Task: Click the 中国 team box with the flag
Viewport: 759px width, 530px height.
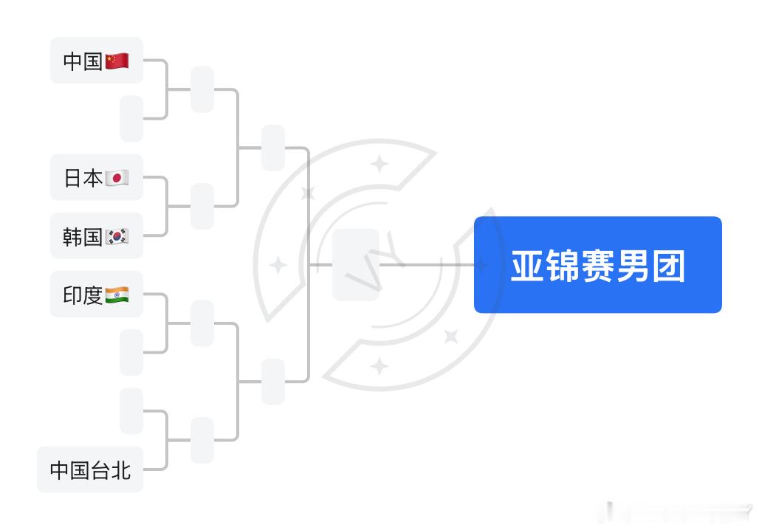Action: pos(96,61)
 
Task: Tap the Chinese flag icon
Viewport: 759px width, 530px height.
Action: pos(117,61)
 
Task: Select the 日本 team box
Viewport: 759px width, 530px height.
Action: pos(96,177)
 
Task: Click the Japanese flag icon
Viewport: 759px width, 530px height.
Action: pos(117,178)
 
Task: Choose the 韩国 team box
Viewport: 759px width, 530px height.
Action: pos(96,236)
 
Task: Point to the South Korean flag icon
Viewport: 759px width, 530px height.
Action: pos(117,236)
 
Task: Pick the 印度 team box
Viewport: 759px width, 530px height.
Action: pos(96,295)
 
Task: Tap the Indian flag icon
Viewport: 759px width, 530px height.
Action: pos(117,295)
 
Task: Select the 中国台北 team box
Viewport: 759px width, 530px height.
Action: pos(90,469)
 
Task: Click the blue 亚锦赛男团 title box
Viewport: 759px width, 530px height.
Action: pos(597,265)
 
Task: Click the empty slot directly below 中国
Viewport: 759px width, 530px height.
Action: pos(131,118)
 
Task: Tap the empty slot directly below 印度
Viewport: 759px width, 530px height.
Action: pos(131,352)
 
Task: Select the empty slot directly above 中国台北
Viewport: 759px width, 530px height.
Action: pos(131,410)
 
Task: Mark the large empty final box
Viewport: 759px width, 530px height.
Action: pos(355,265)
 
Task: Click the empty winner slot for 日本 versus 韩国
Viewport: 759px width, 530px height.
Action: pos(202,206)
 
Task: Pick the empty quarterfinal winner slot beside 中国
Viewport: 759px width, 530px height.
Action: pos(202,89)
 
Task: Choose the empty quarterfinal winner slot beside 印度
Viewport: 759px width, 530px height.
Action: pos(202,323)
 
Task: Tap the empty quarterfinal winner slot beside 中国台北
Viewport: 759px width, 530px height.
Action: pos(202,440)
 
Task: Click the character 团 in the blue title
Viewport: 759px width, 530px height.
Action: pos(668,266)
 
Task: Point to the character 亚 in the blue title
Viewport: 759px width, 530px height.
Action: pos(527,266)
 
